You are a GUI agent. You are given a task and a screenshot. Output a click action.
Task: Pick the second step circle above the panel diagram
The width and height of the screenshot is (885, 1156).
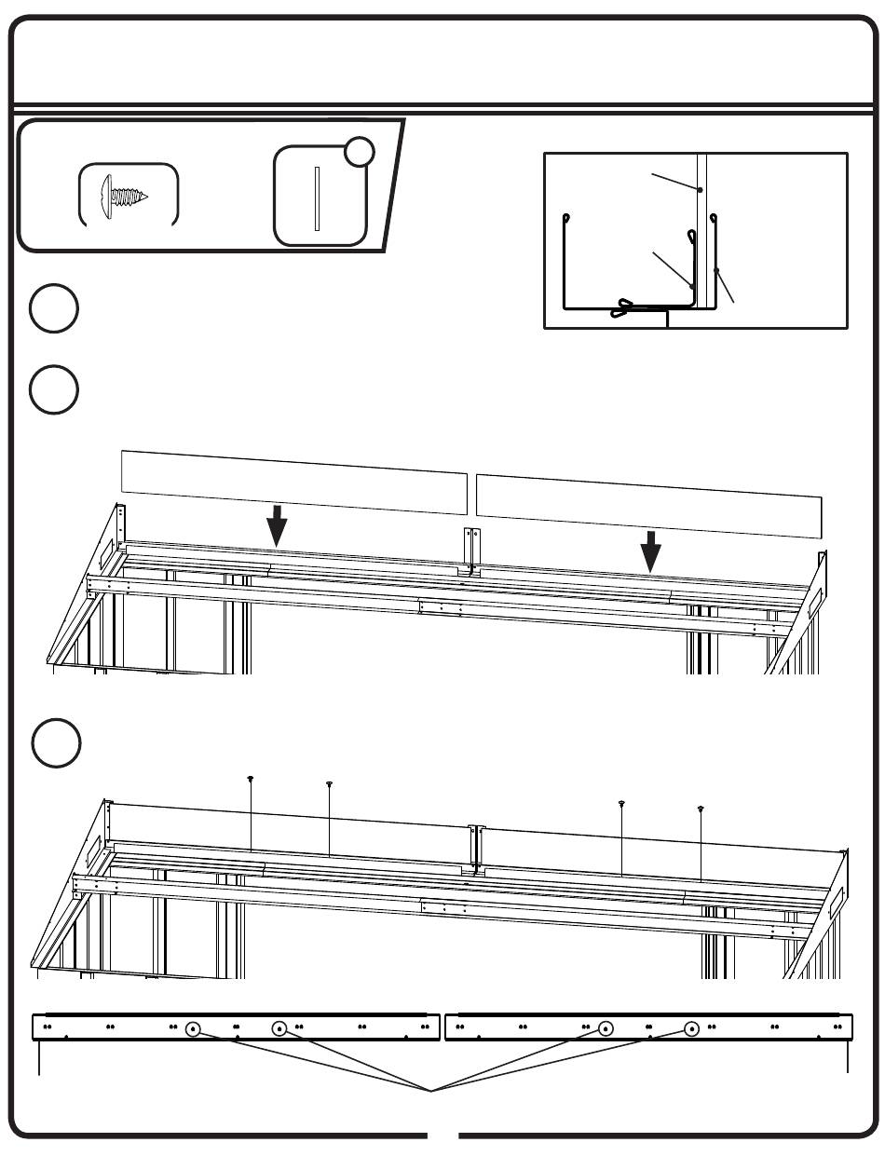(x=53, y=389)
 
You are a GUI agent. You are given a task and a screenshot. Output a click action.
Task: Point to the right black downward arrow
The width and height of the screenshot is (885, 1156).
(x=651, y=551)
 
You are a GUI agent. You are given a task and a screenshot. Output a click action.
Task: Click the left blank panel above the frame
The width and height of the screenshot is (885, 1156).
(x=294, y=482)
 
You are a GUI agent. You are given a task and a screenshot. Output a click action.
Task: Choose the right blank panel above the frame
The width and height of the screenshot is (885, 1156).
(x=649, y=505)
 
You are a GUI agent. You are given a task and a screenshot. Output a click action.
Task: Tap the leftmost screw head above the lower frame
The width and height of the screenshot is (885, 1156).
(x=251, y=778)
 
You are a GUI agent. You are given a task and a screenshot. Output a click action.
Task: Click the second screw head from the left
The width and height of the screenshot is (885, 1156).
(x=329, y=784)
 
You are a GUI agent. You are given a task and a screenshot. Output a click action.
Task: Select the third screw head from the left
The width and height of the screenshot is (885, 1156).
(x=622, y=803)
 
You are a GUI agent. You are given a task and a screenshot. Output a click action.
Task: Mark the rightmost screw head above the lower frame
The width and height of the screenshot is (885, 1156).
(x=701, y=809)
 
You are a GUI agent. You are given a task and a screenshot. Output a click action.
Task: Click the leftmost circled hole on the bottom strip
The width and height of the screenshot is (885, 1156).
(x=192, y=1029)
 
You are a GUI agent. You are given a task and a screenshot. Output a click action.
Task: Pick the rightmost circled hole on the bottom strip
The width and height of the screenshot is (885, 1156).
(x=691, y=1029)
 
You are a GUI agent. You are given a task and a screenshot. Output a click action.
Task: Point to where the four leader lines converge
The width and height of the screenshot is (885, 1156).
(x=431, y=1089)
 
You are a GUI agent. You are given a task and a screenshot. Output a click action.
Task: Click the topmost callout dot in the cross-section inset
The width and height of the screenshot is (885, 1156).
(x=699, y=189)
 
